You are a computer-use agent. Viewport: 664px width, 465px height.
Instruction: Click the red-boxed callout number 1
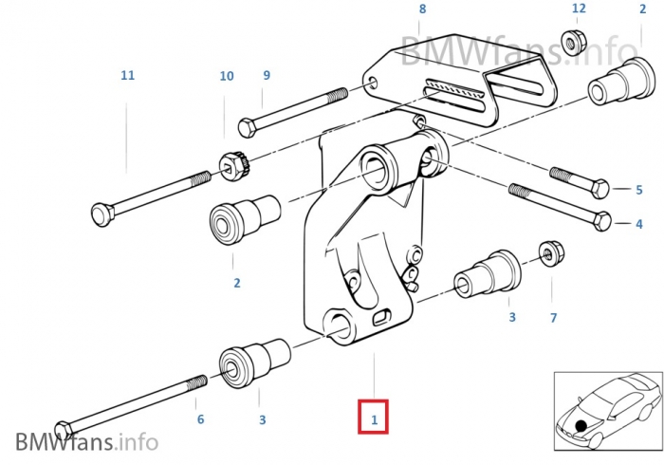[x=374, y=418]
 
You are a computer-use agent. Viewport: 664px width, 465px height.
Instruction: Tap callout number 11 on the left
[x=128, y=74]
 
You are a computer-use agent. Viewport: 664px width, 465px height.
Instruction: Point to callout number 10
[x=226, y=76]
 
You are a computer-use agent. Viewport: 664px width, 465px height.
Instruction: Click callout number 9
[x=267, y=75]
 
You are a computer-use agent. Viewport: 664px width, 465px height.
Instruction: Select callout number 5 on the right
[x=639, y=190]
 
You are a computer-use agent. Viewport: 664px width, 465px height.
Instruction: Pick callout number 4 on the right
[x=639, y=225]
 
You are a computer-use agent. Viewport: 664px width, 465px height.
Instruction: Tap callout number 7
[x=553, y=317]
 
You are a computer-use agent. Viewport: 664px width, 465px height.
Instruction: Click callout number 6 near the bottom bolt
[x=199, y=418]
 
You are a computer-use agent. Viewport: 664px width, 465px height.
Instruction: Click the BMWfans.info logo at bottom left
[x=86, y=441]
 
